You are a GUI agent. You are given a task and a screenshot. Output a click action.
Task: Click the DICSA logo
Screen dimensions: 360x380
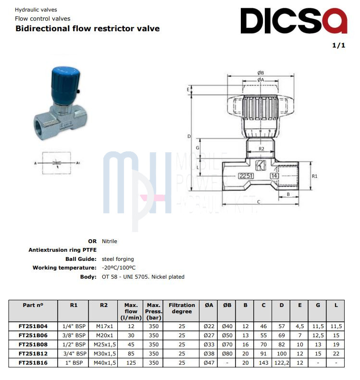point(294,21)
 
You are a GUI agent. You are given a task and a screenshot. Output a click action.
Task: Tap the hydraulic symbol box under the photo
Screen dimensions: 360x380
point(57,163)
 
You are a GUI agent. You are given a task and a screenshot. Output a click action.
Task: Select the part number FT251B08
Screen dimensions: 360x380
point(33,344)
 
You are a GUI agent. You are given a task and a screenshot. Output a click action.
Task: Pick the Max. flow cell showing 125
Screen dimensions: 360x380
point(131,363)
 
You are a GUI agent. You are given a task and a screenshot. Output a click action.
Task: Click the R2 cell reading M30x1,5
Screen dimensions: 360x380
point(105,354)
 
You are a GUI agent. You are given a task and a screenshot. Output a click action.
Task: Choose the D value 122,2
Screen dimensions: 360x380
point(282,363)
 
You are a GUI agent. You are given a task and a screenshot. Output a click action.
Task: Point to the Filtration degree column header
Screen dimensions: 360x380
point(182,308)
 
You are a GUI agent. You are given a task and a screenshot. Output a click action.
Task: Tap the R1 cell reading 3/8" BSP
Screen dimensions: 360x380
point(74,335)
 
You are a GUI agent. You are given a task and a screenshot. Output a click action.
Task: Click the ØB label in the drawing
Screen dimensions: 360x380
point(261,73)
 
